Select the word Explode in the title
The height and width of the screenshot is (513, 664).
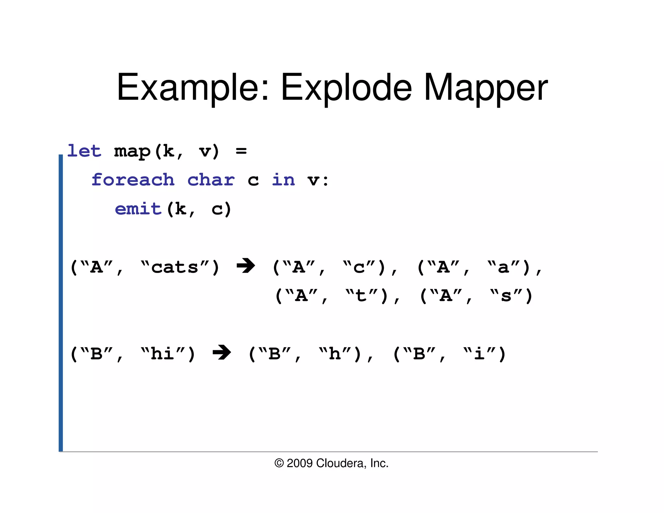click(x=346, y=88)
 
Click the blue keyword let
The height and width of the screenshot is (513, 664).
click(x=84, y=151)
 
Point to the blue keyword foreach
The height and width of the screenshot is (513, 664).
click(x=133, y=180)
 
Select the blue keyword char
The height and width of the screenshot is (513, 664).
click(x=211, y=180)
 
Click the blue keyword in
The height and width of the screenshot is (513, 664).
click(x=283, y=180)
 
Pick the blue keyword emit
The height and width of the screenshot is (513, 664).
click(x=138, y=209)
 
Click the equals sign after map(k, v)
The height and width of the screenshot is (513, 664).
click(x=241, y=151)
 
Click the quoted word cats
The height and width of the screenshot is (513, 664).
click(x=175, y=268)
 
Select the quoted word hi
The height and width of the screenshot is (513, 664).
click(x=162, y=354)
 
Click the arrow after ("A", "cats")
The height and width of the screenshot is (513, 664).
click(x=246, y=266)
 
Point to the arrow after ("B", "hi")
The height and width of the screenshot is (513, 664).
click(x=222, y=352)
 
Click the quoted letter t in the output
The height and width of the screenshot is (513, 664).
click(x=361, y=296)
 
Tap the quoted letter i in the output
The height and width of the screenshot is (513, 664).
click(x=479, y=354)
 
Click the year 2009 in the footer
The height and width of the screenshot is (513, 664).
click(x=300, y=463)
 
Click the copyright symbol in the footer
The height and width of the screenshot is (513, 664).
click(x=279, y=463)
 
